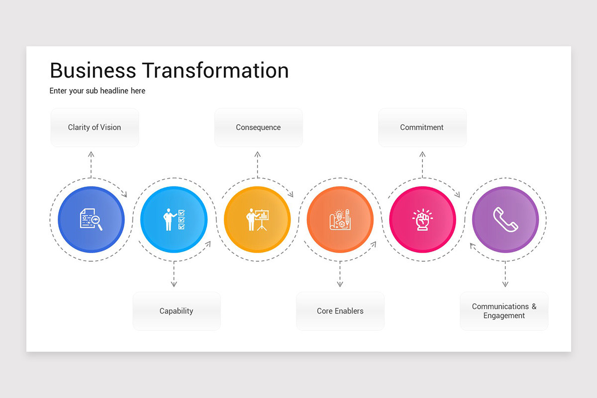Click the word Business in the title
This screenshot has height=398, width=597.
[93, 70]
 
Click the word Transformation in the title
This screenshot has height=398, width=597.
[215, 70]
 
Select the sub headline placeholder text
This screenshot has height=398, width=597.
[98, 91]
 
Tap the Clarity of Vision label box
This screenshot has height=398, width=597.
[95, 127]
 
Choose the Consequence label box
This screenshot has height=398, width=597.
[258, 127]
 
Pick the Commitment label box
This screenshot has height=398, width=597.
[422, 127]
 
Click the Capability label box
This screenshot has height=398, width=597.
[176, 311]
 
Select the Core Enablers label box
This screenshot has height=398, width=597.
[340, 311]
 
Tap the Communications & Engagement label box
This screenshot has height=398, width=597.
[504, 311]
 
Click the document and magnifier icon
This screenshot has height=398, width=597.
[91, 219]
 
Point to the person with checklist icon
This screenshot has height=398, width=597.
[174, 219]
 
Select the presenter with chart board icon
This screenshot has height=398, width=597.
[257, 219]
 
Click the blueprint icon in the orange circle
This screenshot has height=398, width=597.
[340, 219]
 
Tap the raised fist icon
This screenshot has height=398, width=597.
[422, 219]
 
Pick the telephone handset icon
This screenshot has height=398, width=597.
[505, 219]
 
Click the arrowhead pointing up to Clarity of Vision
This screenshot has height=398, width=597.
[91, 155]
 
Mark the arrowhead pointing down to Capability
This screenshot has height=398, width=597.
[174, 284]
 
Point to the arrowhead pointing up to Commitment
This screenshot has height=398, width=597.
[422, 155]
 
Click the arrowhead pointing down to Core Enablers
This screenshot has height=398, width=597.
[340, 284]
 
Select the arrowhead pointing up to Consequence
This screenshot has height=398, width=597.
[258, 155]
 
